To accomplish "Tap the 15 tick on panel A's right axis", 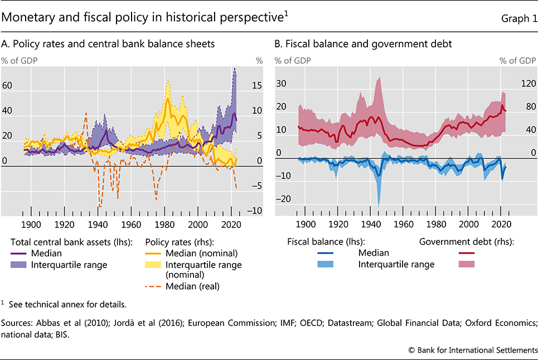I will click(x=259, y=86).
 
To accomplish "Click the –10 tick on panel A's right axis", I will click(x=256, y=211).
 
